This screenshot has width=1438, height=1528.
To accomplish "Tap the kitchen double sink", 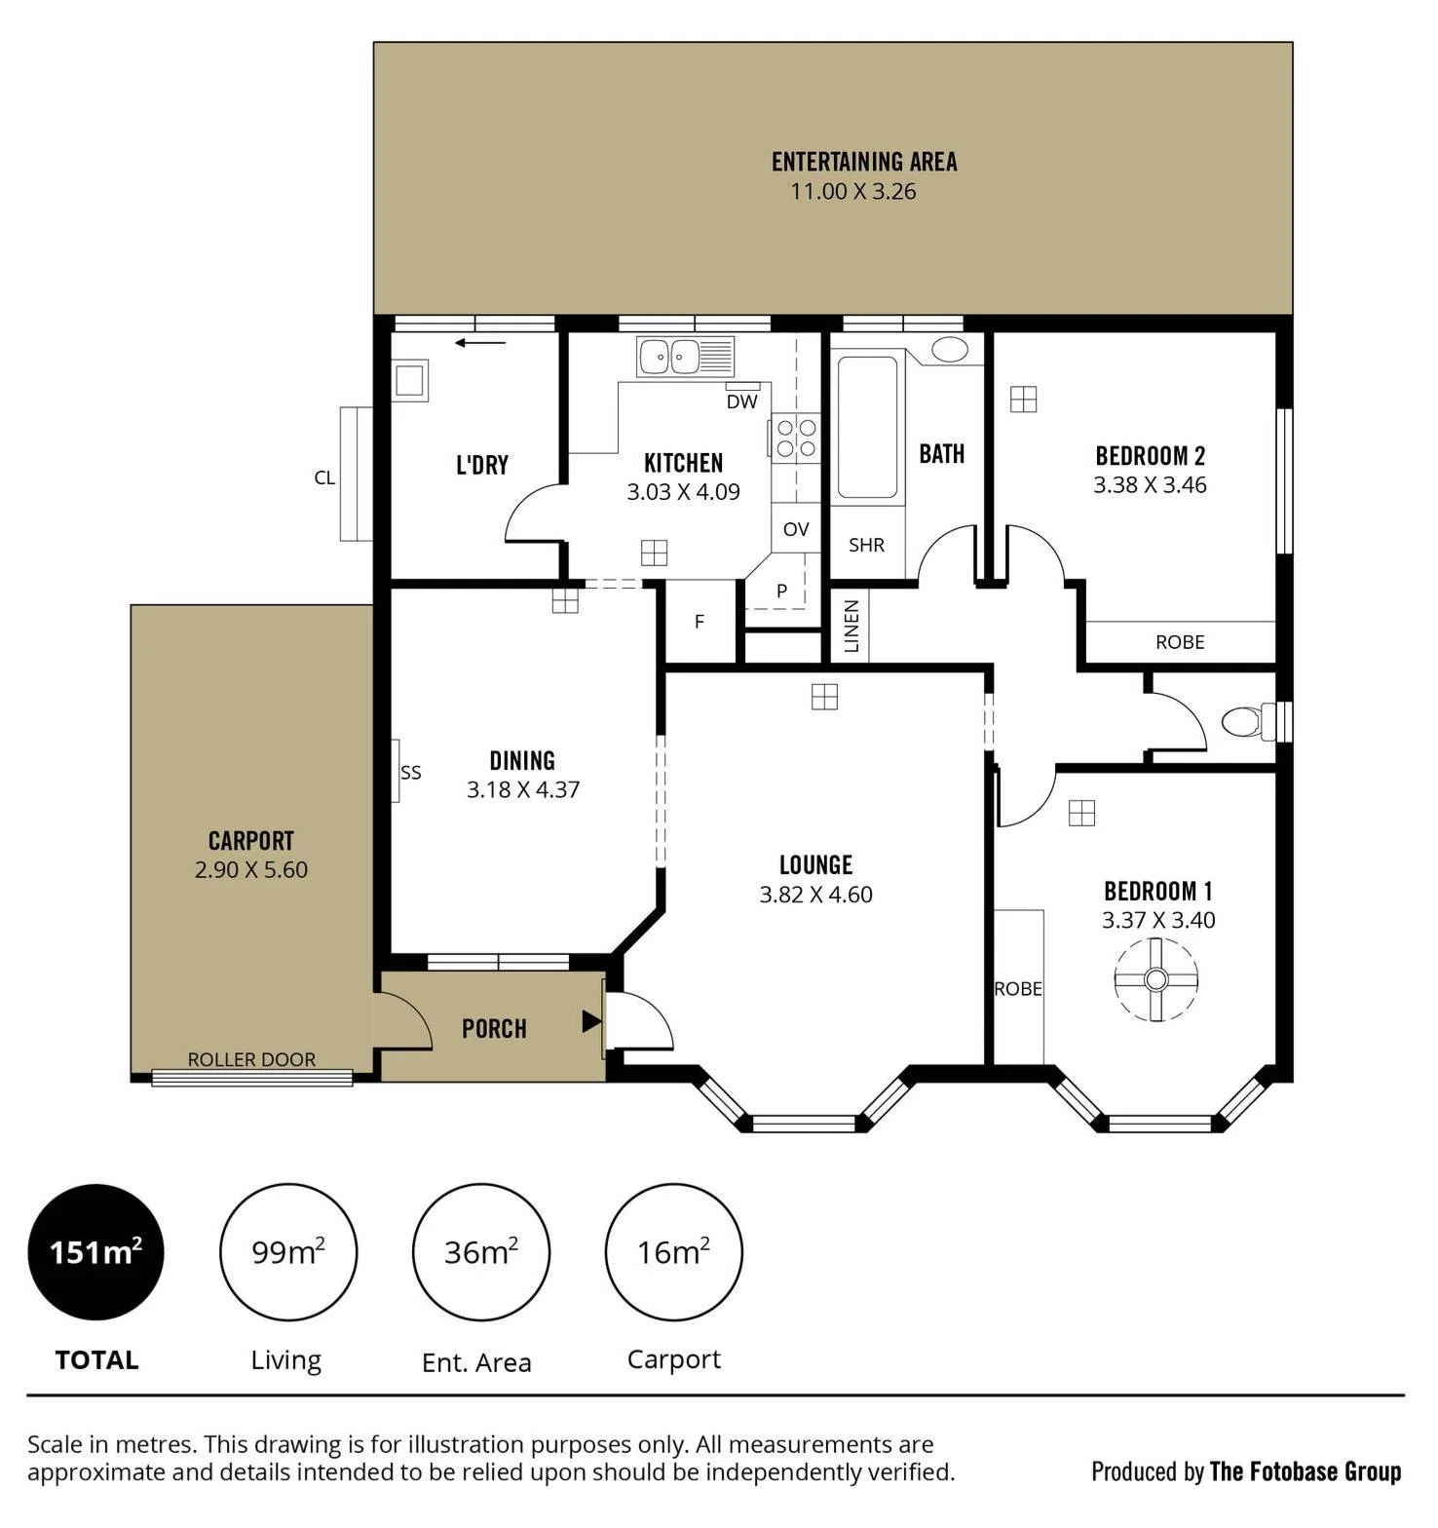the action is coord(685,357).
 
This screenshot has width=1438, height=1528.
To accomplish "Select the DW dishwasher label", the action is coord(741,401).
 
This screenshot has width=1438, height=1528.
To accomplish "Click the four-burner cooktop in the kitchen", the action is coord(795,436).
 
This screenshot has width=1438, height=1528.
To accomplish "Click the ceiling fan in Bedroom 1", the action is coord(1155,979).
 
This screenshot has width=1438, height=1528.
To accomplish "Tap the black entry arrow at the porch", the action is coord(591,1021).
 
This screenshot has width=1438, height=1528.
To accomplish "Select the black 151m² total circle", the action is coord(95,1251).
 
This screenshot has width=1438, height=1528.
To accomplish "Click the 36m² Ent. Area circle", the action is coord(481,1251).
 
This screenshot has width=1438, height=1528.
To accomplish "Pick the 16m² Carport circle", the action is coord(674,1251).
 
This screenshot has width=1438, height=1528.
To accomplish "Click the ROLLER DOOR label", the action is coord(251,1059).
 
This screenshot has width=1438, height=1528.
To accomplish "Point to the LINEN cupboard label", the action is coord(851,626).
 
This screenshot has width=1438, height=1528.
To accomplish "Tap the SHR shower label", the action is coord(866,545).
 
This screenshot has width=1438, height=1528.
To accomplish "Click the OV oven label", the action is coord(796,529).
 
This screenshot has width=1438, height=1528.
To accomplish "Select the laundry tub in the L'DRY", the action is coord(409,380).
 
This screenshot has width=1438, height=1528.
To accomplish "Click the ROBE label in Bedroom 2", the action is coord(1180,642).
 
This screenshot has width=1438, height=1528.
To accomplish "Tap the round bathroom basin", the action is coord(950,350).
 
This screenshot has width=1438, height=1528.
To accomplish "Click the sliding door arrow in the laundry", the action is coord(480,342).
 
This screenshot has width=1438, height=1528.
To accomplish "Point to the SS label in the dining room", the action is coord(411,773).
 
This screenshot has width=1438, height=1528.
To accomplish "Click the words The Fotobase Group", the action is coord(1306,1471).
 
